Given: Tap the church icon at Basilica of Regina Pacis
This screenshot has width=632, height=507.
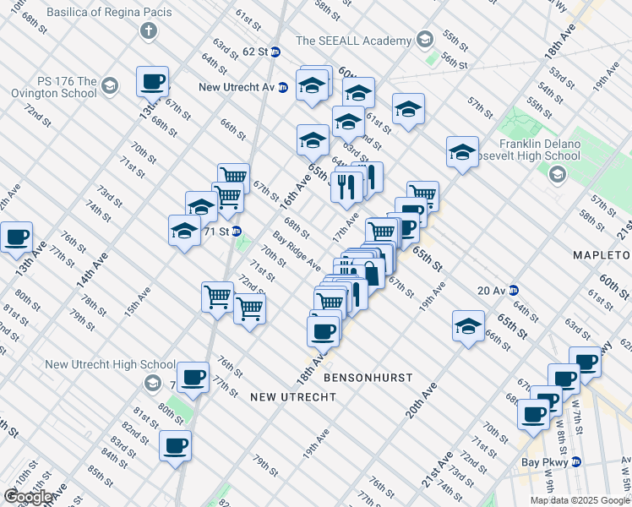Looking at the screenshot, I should [149, 32].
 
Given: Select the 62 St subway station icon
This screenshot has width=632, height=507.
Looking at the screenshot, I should [275, 51].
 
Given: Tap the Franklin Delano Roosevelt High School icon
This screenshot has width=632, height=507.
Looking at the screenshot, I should [557, 175].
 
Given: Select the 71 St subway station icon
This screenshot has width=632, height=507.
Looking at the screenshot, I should [237, 231].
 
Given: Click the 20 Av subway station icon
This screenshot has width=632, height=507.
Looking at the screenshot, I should [513, 291].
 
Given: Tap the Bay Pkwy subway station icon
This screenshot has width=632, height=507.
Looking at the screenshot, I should [575, 462].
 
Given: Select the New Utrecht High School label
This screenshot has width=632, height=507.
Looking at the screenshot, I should [98, 364].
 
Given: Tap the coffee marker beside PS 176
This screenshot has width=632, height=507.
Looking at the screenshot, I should [152, 81].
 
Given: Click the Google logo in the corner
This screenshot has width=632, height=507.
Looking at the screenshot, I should [29, 497].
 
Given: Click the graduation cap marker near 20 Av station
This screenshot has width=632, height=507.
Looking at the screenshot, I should [467, 326].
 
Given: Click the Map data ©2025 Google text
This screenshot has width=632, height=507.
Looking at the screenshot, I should [579, 500].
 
